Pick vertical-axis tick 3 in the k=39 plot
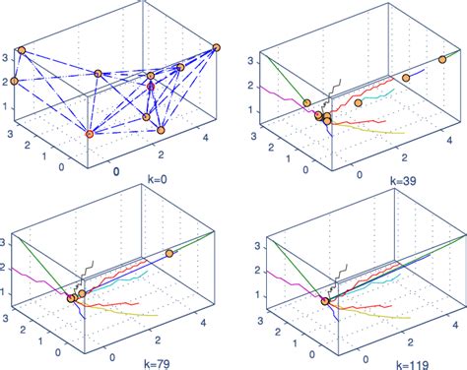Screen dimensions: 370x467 [x=252, y=60]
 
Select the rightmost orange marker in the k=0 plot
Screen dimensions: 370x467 [x=217, y=47]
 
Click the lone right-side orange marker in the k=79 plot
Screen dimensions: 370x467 [x=169, y=253]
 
